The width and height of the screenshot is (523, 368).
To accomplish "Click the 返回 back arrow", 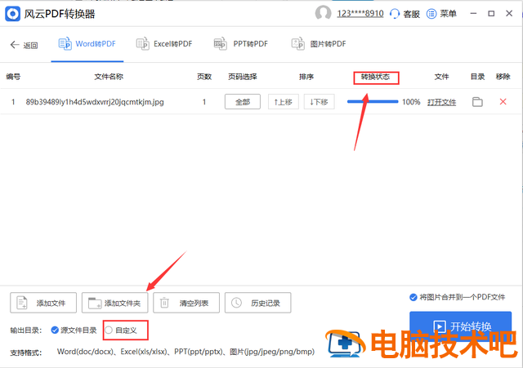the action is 15,45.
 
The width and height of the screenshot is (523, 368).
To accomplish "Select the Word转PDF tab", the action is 87,44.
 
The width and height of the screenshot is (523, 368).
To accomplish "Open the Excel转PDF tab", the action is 164,44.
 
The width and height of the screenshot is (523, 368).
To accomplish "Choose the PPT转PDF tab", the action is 241,44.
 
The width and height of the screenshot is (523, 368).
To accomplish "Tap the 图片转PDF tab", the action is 319,44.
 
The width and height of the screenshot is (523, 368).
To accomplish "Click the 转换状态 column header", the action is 376,77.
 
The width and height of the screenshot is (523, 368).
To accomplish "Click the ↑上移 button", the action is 284,102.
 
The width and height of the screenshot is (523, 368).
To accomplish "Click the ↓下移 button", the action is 320,102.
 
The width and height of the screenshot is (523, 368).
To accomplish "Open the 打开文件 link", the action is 441,102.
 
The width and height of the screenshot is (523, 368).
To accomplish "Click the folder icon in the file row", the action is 477,102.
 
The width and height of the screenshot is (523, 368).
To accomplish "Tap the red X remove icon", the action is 503,101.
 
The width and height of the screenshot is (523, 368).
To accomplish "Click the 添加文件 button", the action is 43,303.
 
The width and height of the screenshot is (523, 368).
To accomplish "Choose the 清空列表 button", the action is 186,303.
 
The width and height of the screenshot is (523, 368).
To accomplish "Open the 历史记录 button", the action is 258,303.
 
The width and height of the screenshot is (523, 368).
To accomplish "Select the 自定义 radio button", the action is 109,330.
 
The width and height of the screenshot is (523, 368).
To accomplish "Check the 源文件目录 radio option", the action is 55,330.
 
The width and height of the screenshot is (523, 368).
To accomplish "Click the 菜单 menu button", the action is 441,14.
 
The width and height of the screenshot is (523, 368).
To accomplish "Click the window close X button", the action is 509,13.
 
